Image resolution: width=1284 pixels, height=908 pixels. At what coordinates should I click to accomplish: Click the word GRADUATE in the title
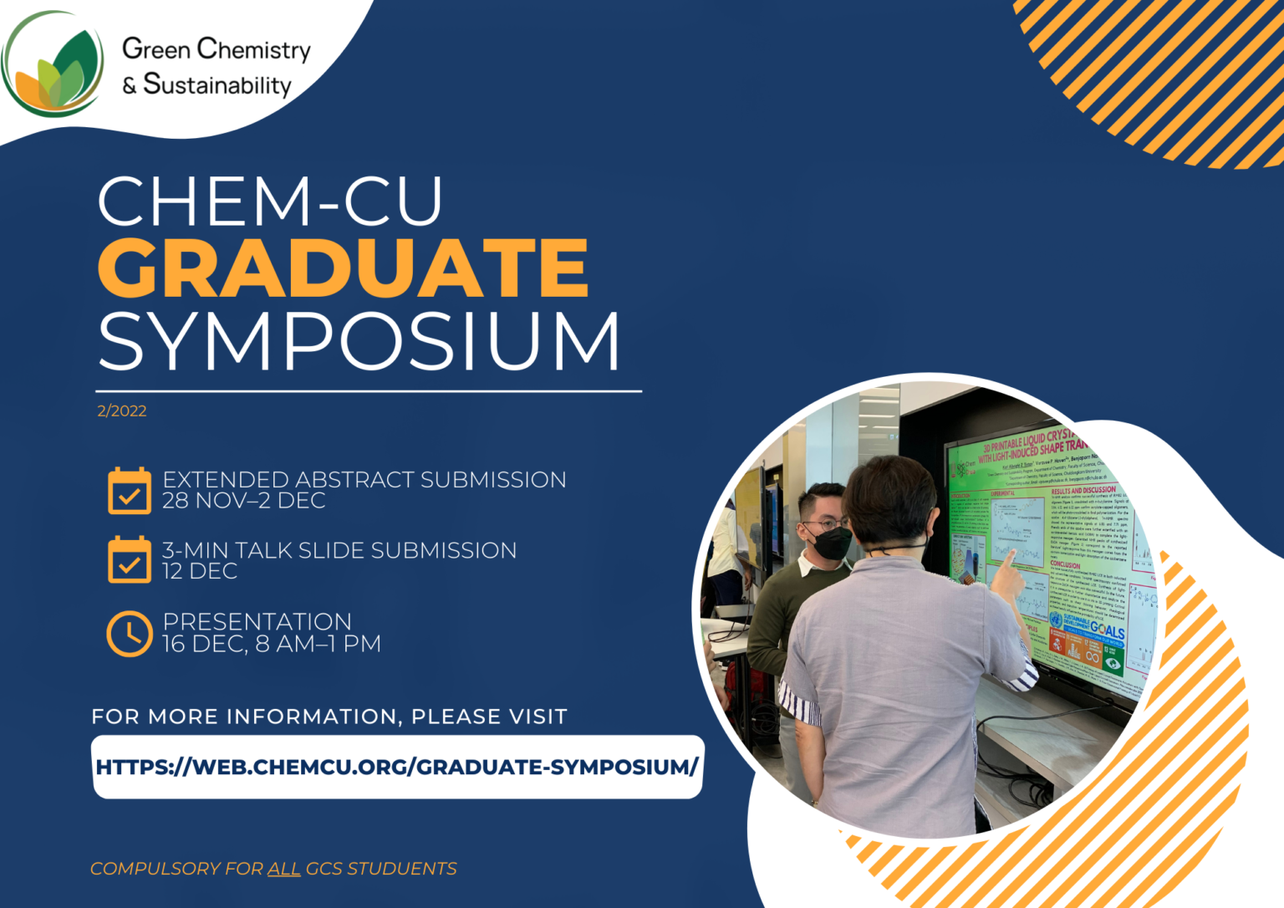[x=343, y=268]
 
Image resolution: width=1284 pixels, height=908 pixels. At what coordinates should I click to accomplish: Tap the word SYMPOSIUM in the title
[x=359, y=341]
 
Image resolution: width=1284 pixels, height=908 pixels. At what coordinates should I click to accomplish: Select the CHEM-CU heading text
[x=270, y=201]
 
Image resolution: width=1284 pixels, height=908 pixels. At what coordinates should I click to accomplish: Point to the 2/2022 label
[x=121, y=411]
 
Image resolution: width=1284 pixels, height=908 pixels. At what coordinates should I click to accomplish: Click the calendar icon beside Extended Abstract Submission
[x=130, y=491]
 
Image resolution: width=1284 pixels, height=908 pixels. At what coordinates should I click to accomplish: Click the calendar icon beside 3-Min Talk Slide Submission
[x=130, y=559]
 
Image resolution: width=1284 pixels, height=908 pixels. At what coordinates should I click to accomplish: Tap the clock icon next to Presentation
[x=130, y=633]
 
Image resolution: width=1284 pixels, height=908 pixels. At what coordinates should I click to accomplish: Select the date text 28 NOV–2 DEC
[x=243, y=501]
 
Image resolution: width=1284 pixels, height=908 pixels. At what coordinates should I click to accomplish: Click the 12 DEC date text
[x=200, y=571]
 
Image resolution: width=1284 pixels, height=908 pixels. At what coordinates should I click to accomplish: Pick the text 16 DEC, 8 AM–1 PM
[x=271, y=644]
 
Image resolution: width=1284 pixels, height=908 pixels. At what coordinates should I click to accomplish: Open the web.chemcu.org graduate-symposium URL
[x=397, y=767]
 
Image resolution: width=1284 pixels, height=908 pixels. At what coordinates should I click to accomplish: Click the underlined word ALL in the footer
[x=283, y=869]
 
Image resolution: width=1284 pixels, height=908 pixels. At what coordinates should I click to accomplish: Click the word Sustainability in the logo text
[x=217, y=84]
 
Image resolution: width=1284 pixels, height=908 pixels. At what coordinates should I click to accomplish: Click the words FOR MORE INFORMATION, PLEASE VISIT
[x=329, y=717]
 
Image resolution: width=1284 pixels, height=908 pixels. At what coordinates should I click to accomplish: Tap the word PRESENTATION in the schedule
[x=257, y=622]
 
